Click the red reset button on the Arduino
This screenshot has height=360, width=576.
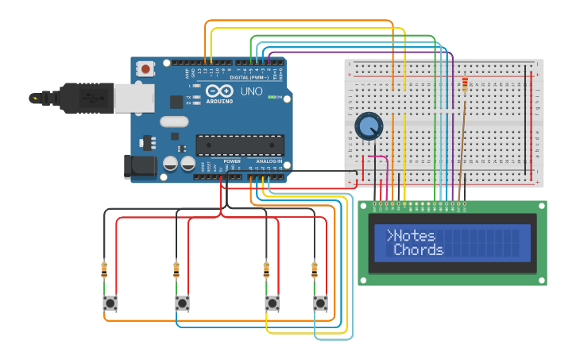[x=145, y=69]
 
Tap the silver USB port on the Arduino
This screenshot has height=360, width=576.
[x=134, y=98]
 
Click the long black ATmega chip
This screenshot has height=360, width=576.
[x=239, y=145]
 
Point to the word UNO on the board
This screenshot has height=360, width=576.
[x=251, y=91]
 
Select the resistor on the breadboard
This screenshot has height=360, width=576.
[x=465, y=83]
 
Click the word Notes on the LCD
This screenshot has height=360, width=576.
[x=414, y=235]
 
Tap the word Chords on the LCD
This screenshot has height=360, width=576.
[x=419, y=250]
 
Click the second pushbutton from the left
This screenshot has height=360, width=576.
[x=182, y=303]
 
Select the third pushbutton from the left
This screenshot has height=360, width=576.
[x=272, y=303]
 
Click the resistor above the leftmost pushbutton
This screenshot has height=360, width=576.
[x=104, y=269]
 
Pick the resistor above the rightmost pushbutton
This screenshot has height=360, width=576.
[x=315, y=269]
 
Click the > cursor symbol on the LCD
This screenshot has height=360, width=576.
[x=390, y=235]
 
